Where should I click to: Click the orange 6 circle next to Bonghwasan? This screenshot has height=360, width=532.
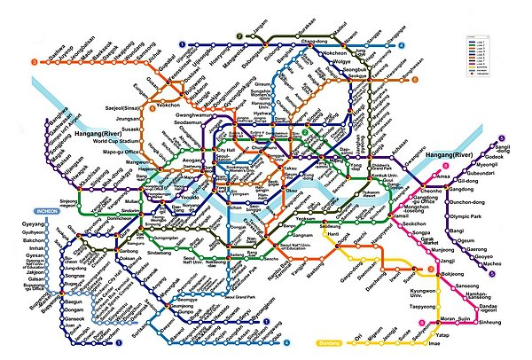406,81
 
